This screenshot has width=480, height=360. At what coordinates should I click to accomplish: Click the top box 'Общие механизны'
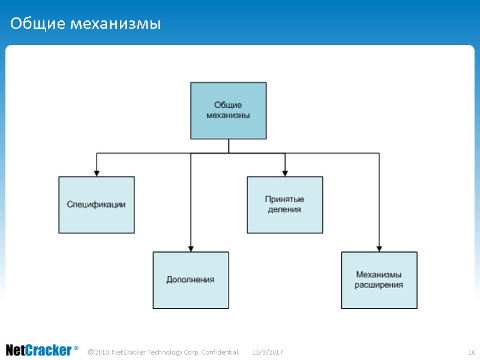tap(228, 110)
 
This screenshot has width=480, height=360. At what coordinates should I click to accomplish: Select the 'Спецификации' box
tap(96, 205)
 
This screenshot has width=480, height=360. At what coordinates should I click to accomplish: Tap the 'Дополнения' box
tap(190, 280)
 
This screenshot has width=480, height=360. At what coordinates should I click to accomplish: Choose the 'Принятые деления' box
tap(284, 205)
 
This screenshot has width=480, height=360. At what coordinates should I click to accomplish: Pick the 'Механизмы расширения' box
tap(379, 280)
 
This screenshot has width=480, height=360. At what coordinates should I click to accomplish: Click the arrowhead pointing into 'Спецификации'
tap(97, 173)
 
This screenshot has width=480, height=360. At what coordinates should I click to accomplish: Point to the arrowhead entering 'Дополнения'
tap(191, 248)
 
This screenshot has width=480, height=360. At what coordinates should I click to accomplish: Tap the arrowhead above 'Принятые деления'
tap(285, 173)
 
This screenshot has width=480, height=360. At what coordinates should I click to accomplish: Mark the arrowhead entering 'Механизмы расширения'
tap(379, 248)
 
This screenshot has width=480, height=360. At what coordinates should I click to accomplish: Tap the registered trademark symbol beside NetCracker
tap(76, 348)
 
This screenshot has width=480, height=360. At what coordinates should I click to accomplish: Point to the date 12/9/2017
tap(268, 351)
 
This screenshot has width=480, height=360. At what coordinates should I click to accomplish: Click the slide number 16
tap(471, 351)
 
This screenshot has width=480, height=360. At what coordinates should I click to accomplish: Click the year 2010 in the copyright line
tap(102, 351)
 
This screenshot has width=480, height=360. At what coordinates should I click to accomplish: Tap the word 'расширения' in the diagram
tap(379, 285)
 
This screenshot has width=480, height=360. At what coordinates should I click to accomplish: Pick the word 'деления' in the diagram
tap(284, 210)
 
